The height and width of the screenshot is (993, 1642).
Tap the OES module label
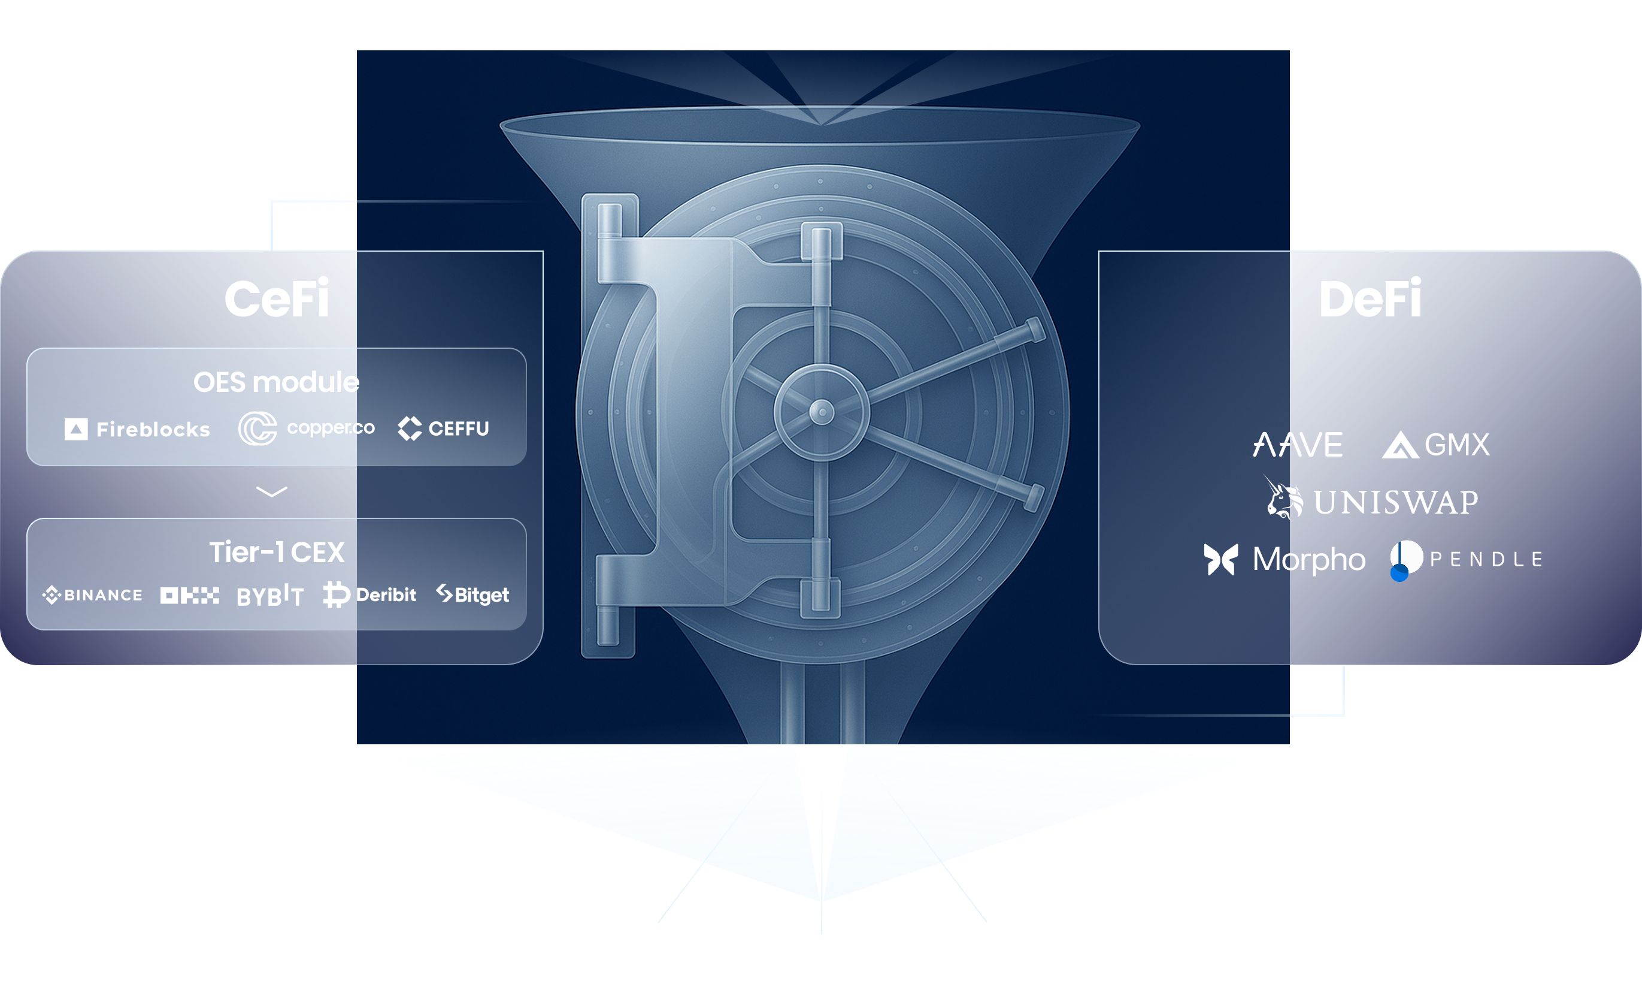tap(276, 382)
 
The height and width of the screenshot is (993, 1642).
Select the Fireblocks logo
tap(137, 429)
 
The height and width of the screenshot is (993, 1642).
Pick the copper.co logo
tap(307, 428)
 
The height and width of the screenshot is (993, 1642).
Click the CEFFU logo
tap(443, 428)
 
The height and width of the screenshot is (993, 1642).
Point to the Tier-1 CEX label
tap(277, 552)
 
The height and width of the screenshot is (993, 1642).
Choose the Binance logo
tap(93, 595)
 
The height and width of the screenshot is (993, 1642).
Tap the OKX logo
tap(189, 596)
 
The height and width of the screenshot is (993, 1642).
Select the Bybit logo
tap(270, 596)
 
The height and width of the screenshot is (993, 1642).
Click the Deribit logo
tap(369, 595)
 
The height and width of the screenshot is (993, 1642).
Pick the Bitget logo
tap(472, 594)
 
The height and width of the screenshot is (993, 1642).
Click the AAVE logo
tap(1298, 445)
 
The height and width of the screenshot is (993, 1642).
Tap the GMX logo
tap(1435, 445)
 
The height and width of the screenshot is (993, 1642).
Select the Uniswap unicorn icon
tap(1283, 498)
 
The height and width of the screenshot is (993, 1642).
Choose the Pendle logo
tap(1466, 559)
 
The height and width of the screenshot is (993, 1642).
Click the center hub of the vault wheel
tap(822, 412)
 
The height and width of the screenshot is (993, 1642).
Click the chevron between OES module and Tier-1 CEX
tap(272, 491)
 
